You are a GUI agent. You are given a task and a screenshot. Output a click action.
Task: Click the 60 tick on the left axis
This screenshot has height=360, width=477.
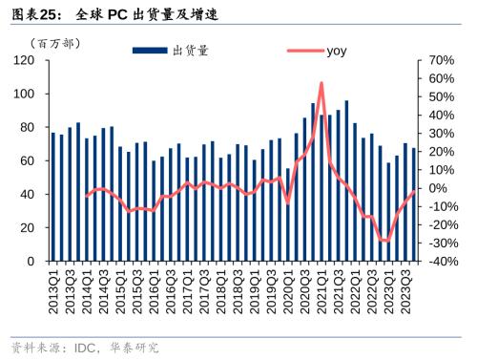[x=28, y=160]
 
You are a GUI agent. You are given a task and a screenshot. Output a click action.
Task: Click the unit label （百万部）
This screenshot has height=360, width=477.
[x=58, y=43]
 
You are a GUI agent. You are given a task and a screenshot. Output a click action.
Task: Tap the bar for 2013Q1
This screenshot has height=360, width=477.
[x=53, y=196]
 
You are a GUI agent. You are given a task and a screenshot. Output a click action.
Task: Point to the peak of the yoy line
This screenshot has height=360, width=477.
[x=321, y=83]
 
